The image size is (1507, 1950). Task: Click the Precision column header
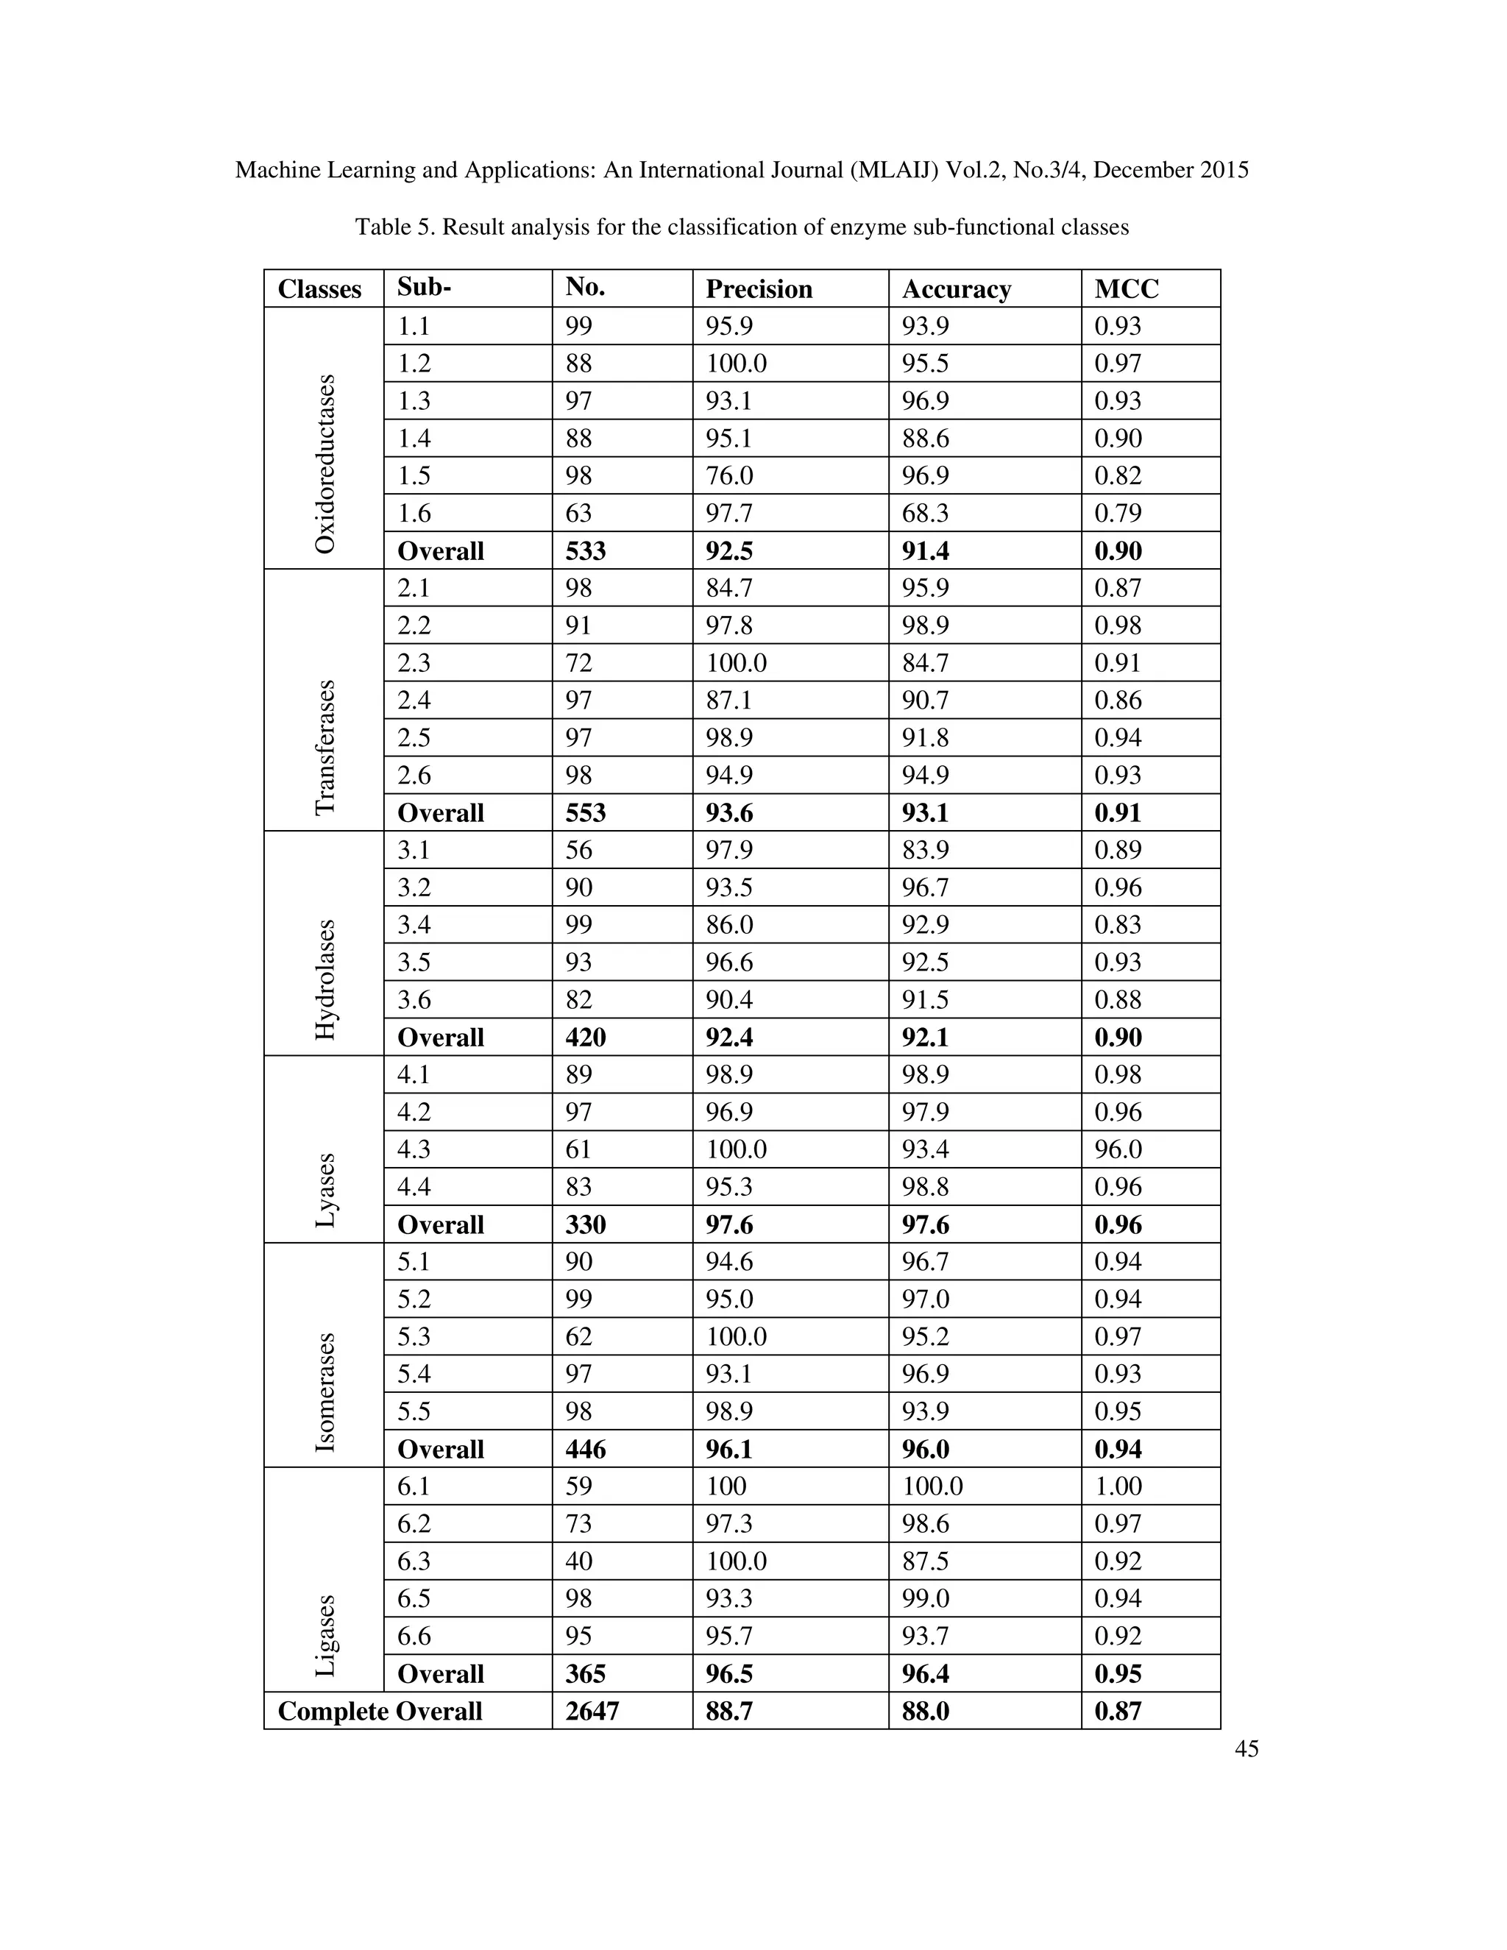click(x=758, y=289)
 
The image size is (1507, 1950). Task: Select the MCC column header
click(x=1126, y=289)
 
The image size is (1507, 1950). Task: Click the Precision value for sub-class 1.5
click(x=728, y=476)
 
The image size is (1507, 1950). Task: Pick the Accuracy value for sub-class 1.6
click(x=925, y=514)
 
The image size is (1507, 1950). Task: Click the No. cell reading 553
click(x=585, y=812)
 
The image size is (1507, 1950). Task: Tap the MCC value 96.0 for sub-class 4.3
click(x=1118, y=1149)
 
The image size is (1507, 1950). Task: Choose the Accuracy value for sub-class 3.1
click(x=925, y=850)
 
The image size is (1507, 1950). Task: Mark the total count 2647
click(x=591, y=1711)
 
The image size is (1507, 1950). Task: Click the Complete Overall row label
click(x=380, y=1711)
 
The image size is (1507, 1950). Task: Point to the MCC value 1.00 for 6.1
click(x=1118, y=1486)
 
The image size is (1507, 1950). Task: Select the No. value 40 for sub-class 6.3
click(x=578, y=1561)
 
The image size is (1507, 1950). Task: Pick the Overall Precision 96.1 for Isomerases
click(x=728, y=1449)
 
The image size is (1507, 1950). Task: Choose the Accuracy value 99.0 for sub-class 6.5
click(x=925, y=1598)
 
